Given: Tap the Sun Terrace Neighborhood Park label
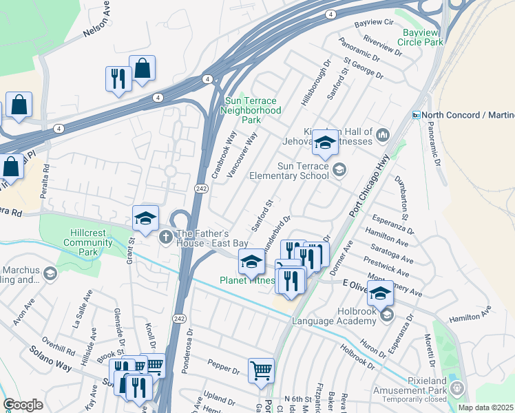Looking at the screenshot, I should click(251, 109).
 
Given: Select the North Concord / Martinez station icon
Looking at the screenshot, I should click(416, 115).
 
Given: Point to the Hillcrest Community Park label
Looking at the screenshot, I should click(87, 242).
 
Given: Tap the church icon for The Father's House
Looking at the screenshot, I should click(165, 237).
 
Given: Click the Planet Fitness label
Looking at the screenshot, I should click(247, 280).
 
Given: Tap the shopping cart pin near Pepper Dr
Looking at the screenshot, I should click(261, 371).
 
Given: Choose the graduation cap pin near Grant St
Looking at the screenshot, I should click(145, 218).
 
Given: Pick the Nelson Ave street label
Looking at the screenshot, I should click(97, 25).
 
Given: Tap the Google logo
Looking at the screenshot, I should click(23, 405).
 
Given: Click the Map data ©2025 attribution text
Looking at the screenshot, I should click(485, 407).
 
